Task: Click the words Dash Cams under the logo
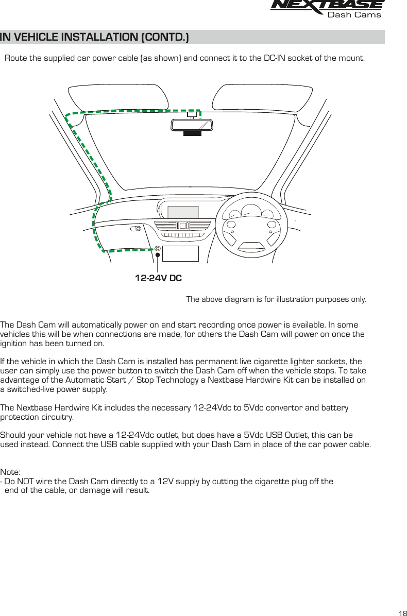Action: (x=354, y=15)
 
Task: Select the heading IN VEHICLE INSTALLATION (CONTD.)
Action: (x=95, y=38)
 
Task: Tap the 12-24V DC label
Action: (x=158, y=279)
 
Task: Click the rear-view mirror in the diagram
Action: (x=192, y=125)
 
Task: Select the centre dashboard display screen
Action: (x=183, y=212)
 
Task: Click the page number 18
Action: (x=402, y=613)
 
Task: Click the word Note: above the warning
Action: (x=11, y=472)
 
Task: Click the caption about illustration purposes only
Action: (x=276, y=300)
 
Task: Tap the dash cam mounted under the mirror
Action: (x=192, y=133)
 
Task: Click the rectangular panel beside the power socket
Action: (x=180, y=253)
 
